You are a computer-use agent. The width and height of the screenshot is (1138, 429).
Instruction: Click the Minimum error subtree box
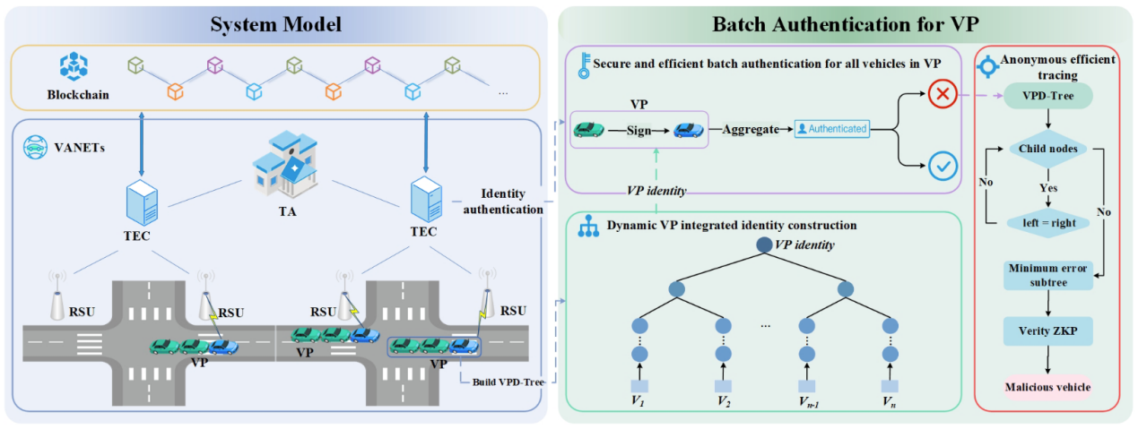click(x=1048, y=275)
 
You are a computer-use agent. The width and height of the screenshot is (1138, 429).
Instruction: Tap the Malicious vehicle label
click(x=1047, y=387)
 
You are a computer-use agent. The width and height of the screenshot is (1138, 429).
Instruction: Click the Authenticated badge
click(x=833, y=129)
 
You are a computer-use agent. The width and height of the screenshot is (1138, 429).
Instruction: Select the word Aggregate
click(x=751, y=129)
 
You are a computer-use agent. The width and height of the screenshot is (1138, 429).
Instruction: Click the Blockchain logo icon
click(x=72, y=64)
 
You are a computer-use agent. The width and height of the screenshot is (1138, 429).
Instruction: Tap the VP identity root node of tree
click(x=763, y=244)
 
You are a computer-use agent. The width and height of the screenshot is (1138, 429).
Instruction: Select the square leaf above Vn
click(x=889, y=386)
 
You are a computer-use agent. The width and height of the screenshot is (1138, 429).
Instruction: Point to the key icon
click(x=584, y=65)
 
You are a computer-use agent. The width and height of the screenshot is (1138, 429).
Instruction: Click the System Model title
click(x=276, y=24)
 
